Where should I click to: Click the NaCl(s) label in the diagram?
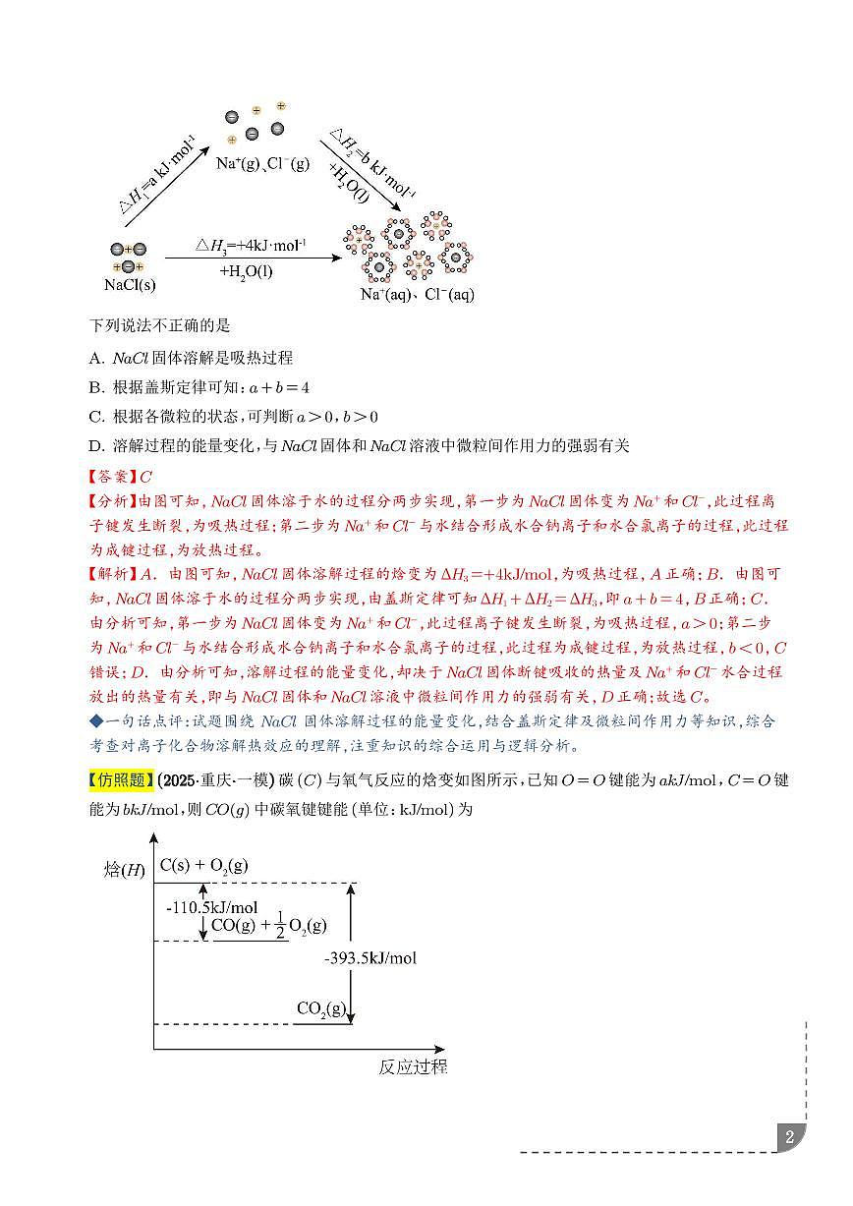(x=130, y=285)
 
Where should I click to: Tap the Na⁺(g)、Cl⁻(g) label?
(x=262, y=164)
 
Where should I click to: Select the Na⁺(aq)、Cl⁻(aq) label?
(x=417, y=294)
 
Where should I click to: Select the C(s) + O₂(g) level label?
(x=204, y=866)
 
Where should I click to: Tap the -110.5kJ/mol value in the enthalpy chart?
(x=211, y=907)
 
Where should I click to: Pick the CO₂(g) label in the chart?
(x=321, y=1008)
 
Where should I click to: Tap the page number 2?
(x=789, y=1139)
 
